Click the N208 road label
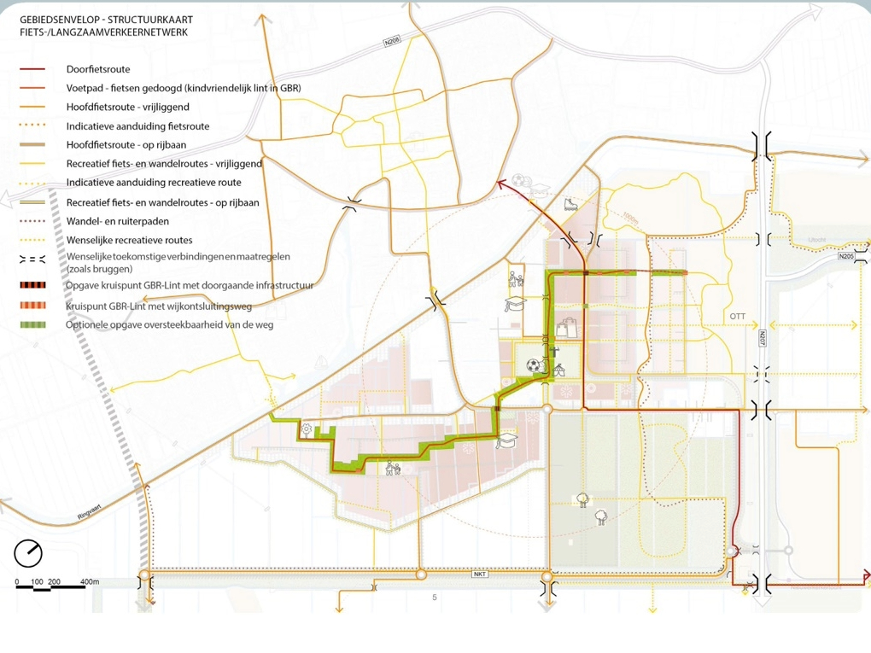click(x=393, y=41)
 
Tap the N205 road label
click(x=846, y=256)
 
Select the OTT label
click(x=738, y=317)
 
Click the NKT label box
click(x=480, y=574)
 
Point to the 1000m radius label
click(x=630, y=219)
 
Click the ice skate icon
click(x=570, y=205)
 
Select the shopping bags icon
click(x=564, y=327)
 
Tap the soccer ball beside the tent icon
click(x=533, y=365)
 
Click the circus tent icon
click(x=560, y=370)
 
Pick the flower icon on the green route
click(x=306, y=428)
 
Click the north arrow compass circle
click(x=28, y=553)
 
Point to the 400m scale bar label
click(x=89, y=582)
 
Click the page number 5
click(x=435, y=598)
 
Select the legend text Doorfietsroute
click(x=98, y=69)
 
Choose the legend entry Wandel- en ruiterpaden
click(x=117, y=221)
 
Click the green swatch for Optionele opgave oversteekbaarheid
click(x=32, y=325)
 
